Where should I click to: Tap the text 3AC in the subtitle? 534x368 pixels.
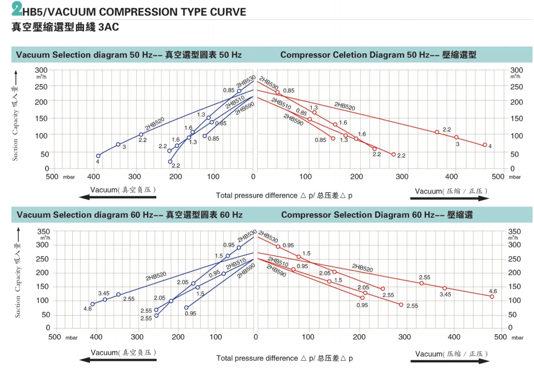click(x=109, y=28)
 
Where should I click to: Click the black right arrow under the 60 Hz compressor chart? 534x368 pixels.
click(x=452, y=360)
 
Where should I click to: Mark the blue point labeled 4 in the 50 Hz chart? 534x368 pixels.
click(x=98, y=156)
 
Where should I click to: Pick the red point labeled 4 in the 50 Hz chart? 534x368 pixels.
click(x=485, y=145)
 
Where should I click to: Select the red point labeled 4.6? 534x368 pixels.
click(x=492, y=297)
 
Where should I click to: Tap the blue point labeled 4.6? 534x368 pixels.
click(x=93, y=304)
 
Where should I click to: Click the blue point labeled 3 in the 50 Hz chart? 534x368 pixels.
click(x=118, y=144)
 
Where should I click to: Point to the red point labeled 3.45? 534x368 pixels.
click(x=445, y=288)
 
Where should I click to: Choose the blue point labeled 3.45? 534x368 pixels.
click(x=105, y=299)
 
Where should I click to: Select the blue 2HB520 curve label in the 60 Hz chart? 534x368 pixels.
click(x=156, y=276)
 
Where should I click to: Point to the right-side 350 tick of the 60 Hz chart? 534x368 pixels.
click(x=516, y=231)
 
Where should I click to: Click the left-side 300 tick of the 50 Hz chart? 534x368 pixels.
click(x=43, y=70)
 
